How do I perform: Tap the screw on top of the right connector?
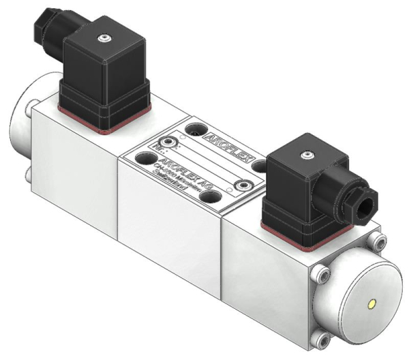(305, 155)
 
